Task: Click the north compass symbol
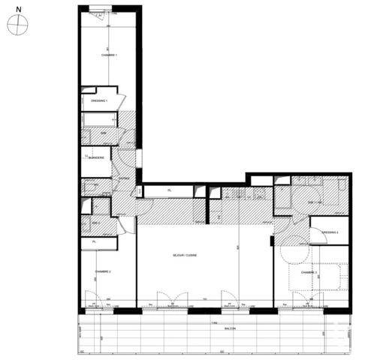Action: pyautogui.click(x=17, y=25)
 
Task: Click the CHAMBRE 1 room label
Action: pyautogui.click(x=109, y=55)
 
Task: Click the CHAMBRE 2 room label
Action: pyautogui.click(x=103, y=271)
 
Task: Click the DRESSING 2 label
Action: pyautogui.click(x=329, y=233)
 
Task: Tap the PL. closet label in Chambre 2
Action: pyautogui.click(x=95, y=242)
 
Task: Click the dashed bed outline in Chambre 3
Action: pyautogui.click(x=330, y=276)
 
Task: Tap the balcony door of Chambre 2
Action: pyautogui.click(x=94, y=299)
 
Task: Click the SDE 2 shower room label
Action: pyautogui.click(x=95, y=224)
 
